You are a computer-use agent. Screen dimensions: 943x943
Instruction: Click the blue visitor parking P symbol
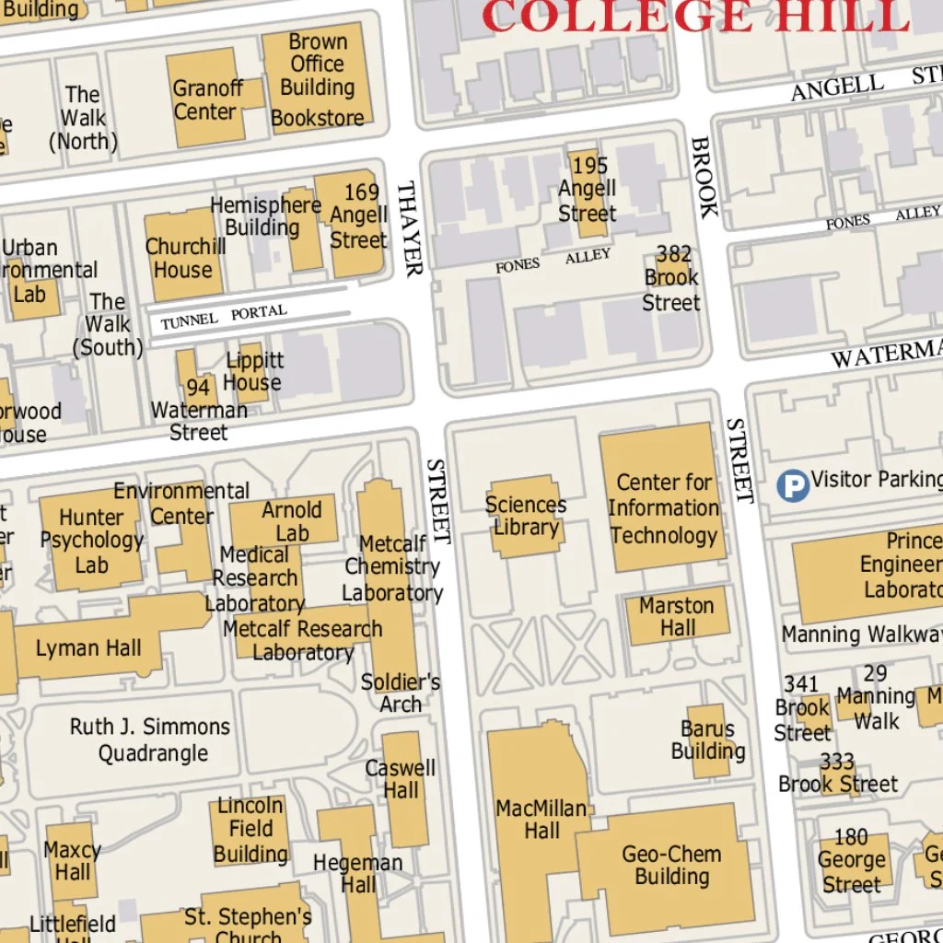(792, 485)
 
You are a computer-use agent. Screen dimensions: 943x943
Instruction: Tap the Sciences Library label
(526, 516)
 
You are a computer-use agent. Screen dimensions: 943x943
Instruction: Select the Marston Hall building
(678, 616)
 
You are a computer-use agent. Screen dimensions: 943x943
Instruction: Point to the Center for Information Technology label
(663, 508)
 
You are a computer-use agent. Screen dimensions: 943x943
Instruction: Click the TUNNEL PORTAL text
(224, 317)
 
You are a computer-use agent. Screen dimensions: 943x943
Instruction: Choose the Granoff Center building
(208, 99)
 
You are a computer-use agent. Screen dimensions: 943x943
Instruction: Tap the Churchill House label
(185, 258)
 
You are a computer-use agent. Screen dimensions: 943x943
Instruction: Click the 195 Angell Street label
(588, 190)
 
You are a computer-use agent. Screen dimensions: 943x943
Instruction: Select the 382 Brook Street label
(672, 277)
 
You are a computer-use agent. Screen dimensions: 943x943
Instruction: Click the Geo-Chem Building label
(671, 864)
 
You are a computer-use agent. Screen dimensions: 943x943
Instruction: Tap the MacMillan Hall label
(541, 819)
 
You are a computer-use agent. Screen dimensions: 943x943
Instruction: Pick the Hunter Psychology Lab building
(90, 541)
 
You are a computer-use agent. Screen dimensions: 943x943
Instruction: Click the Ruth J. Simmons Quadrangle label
(151, 739)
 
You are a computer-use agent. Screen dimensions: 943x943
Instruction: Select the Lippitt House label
(253, 371)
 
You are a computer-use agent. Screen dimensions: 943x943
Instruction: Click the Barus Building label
(707, 739)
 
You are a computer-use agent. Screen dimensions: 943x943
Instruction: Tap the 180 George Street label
(851, 860)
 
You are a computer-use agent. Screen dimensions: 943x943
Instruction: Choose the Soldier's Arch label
(401, 693)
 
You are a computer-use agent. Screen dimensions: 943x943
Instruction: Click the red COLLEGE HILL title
(695, 16)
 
